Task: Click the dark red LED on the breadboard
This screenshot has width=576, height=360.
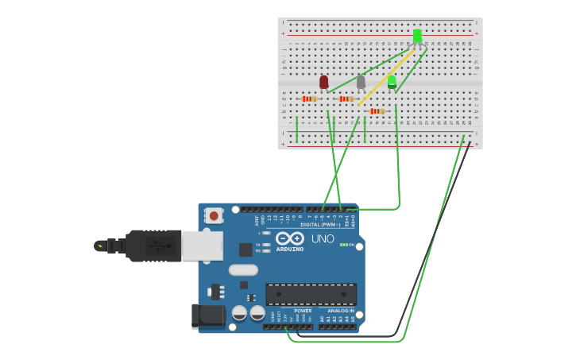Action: coord(323,82)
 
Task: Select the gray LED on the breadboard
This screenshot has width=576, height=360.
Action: coord(361,82)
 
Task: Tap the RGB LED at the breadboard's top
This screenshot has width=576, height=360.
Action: coord(417,36)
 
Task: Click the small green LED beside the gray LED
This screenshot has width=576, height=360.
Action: coord(392,81)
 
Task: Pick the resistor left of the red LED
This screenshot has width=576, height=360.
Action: coord(309,99)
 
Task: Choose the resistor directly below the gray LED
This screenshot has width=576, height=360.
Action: coord(346,99)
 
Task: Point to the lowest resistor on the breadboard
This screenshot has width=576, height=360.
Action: coord(377,111)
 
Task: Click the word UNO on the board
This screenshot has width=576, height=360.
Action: coord(323,238)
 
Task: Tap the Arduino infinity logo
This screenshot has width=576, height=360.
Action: coord(290,238)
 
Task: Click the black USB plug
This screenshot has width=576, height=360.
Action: coord(151,246)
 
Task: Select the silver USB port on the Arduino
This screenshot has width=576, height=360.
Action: coord(202,246)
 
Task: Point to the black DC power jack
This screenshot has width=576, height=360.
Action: coord(207,315)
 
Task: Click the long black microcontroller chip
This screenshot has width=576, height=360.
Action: coord(311,294)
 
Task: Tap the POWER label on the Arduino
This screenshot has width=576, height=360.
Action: coord(303,311)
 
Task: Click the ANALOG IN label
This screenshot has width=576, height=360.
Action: coord(341,311)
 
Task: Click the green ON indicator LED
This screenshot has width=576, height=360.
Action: coord(344,245)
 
